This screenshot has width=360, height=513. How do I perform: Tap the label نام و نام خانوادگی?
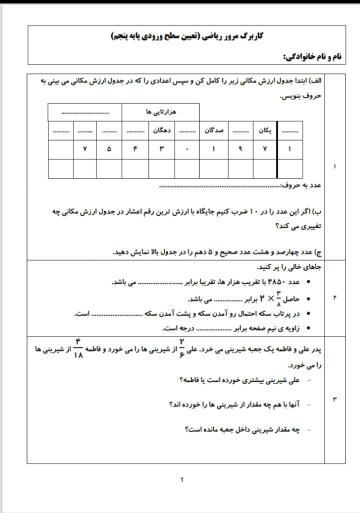pyautogui.click(x=312, y=57)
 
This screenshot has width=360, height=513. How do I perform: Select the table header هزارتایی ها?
pyautogui.click(x=160, y=112)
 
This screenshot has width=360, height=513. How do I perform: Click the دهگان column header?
pyautogui.click(x=163, y=130)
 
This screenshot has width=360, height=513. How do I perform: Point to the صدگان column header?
pyautogui.click(x=214, y=130)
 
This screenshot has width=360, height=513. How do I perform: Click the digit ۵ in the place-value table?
pyautogui.click(x=109, y=149)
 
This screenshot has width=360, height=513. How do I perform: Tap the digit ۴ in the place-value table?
pyautogui.click(x=135, y=149)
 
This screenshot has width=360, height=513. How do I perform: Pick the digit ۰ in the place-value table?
pyautogui.click(x=187, y=149)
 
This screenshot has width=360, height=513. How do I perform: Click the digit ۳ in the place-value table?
pyautogui.click(x=161, y=149)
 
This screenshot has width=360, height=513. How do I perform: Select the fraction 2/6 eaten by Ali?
pyautogui.click(x=182, y=348)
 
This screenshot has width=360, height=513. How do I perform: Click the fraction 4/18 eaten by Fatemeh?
pyautogui.click(x=78, y=348)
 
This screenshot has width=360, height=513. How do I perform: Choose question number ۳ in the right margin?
pyautogui.click(x=334, y=398)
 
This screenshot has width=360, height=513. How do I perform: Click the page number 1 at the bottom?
pyautogui.click(x=181, y=480)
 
